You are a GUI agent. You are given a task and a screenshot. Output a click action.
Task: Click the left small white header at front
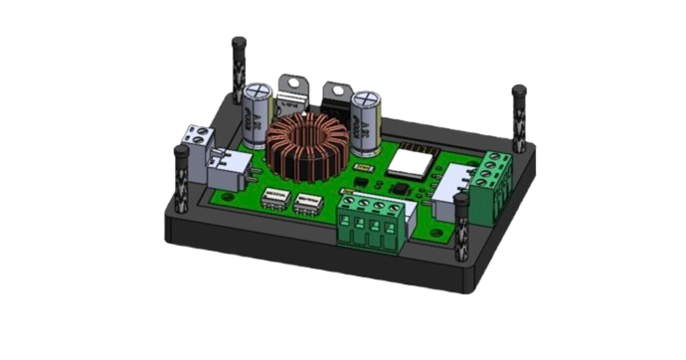point(274,203)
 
